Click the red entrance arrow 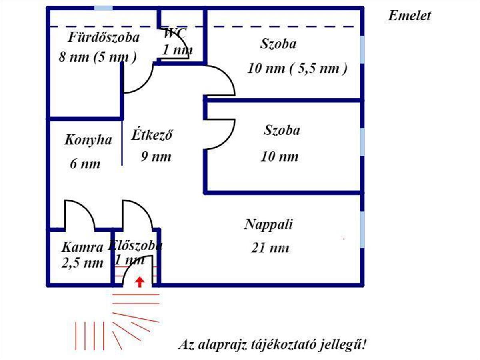139,282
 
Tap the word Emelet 409,16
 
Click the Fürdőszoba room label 104,38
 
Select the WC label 175,33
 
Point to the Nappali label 268,224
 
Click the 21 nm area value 270,248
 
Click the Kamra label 82,247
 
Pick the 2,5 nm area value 82,263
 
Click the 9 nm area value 156,156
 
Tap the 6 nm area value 85,164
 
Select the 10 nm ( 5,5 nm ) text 297,69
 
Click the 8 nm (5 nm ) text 98,57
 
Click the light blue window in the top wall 103,8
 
